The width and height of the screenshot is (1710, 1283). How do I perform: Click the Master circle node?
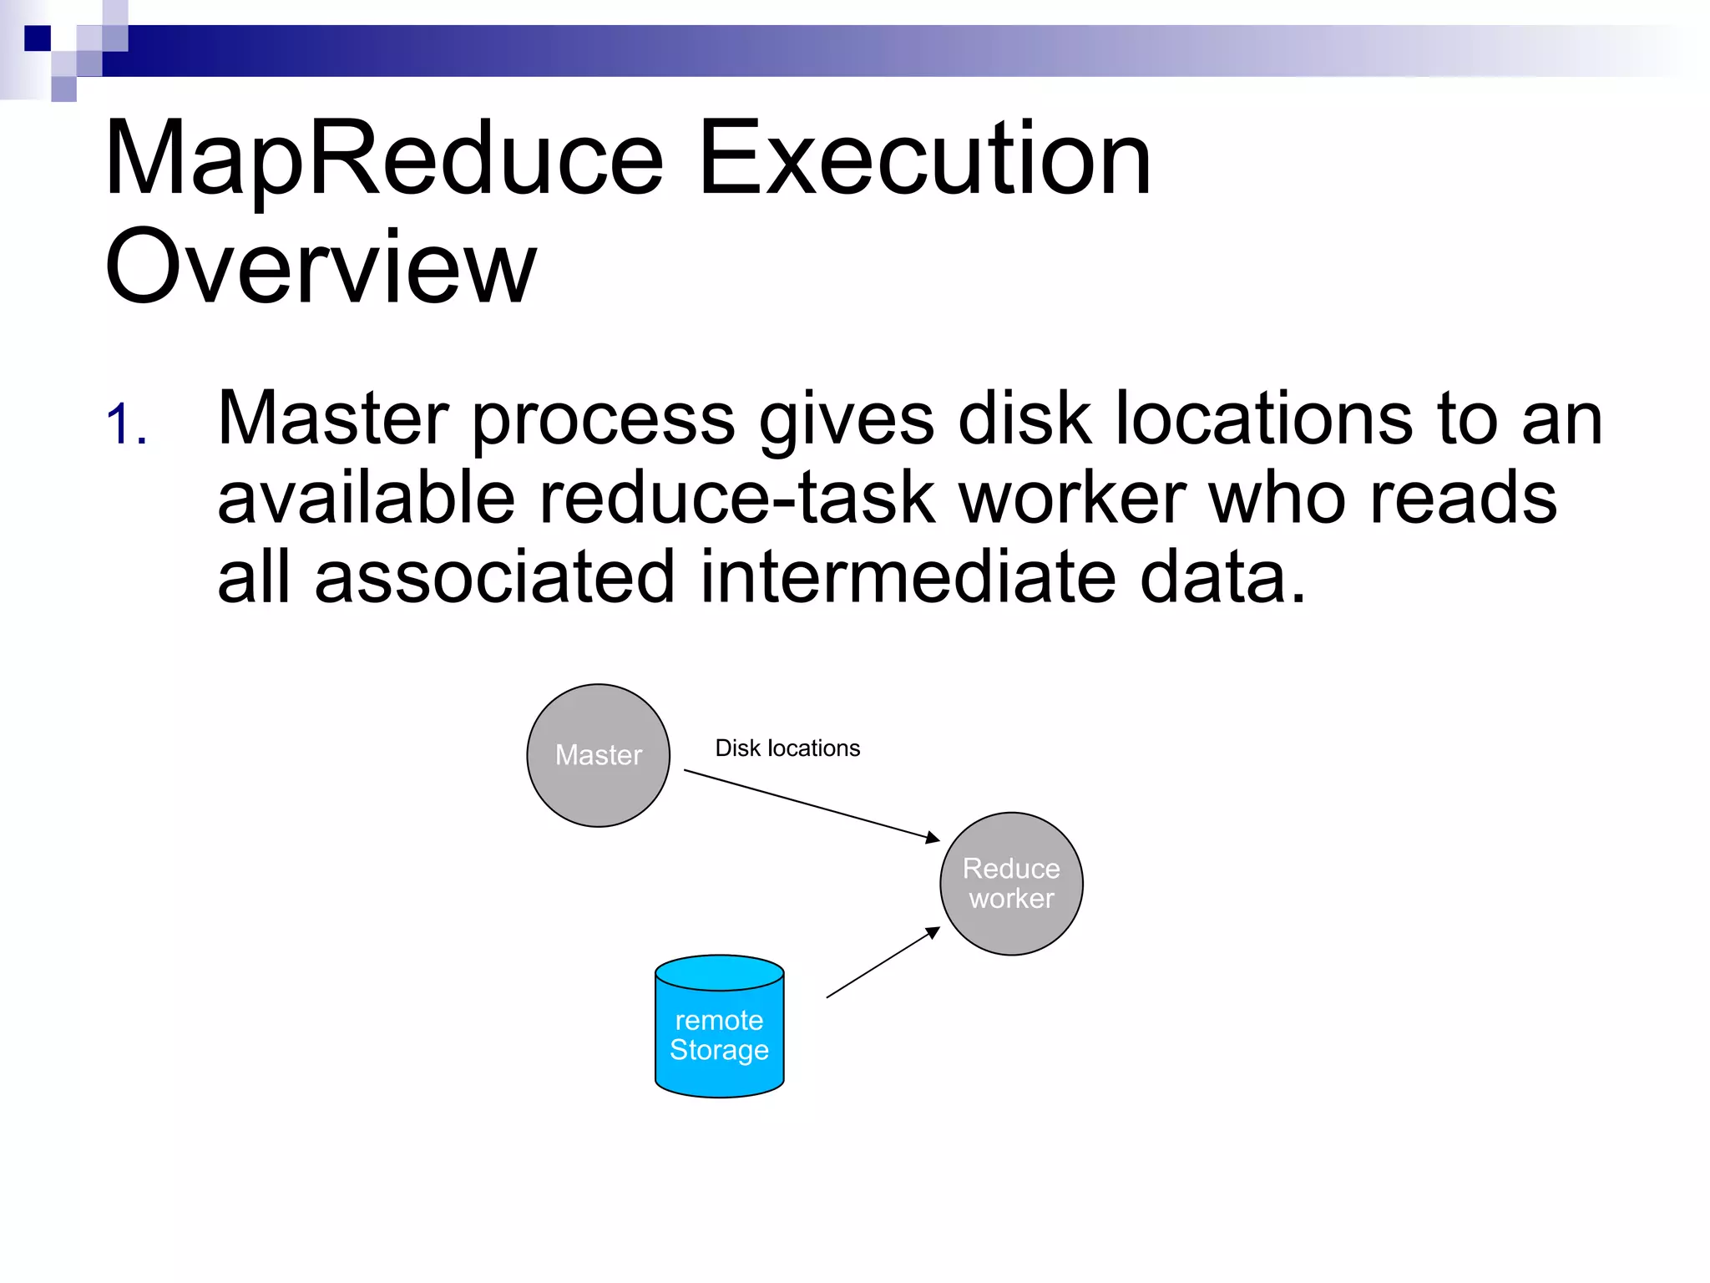click(x=598, y=755)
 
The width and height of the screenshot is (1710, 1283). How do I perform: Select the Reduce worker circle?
click(x=1011, y=883)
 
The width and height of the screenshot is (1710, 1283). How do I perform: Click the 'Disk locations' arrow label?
click(x=787, y=748)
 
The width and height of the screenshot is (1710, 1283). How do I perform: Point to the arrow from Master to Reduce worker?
click(x=810, y=804)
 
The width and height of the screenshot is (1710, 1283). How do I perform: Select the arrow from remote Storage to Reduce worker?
click(x=882, y=962)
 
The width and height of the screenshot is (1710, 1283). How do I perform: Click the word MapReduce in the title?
click(x=384, y=159)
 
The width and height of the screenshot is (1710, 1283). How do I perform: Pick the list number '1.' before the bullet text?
click(x=127, y=424)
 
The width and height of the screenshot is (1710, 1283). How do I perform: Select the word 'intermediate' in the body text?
click(x=908, y=578)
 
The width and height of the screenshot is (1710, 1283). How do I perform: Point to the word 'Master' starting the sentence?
click(x=332, y=418)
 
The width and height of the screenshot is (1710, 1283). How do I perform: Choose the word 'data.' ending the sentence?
click(x=1222, y=578)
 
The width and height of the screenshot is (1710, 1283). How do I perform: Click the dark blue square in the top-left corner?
click(x=38, y=38)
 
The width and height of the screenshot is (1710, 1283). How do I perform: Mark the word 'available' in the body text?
click(x=366, y=499)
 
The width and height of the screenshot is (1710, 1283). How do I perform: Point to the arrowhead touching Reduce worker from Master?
click(x=933, y=838)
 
